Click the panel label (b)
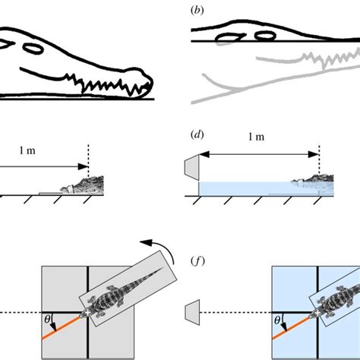(197, 11)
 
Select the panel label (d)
(197, 137)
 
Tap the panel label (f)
(197, 265)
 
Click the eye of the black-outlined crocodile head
(33, 48)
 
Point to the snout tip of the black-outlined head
(149, 83)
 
